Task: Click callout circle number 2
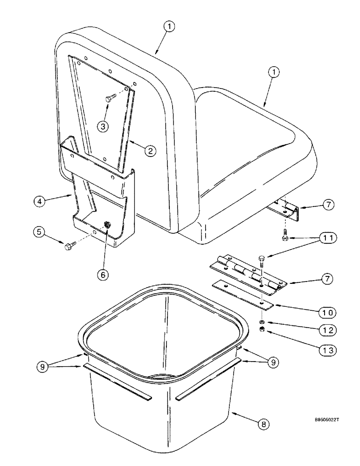pyautogui.click(x=149, y=151)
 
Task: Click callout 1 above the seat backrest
pyautogui.click(x=169, y=27)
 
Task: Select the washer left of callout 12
pyautogui.click(x=263, y=322)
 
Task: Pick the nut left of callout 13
pyautogui.click(x=263, y=330)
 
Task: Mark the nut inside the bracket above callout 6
pyautogui.click(x=108, y=225)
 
